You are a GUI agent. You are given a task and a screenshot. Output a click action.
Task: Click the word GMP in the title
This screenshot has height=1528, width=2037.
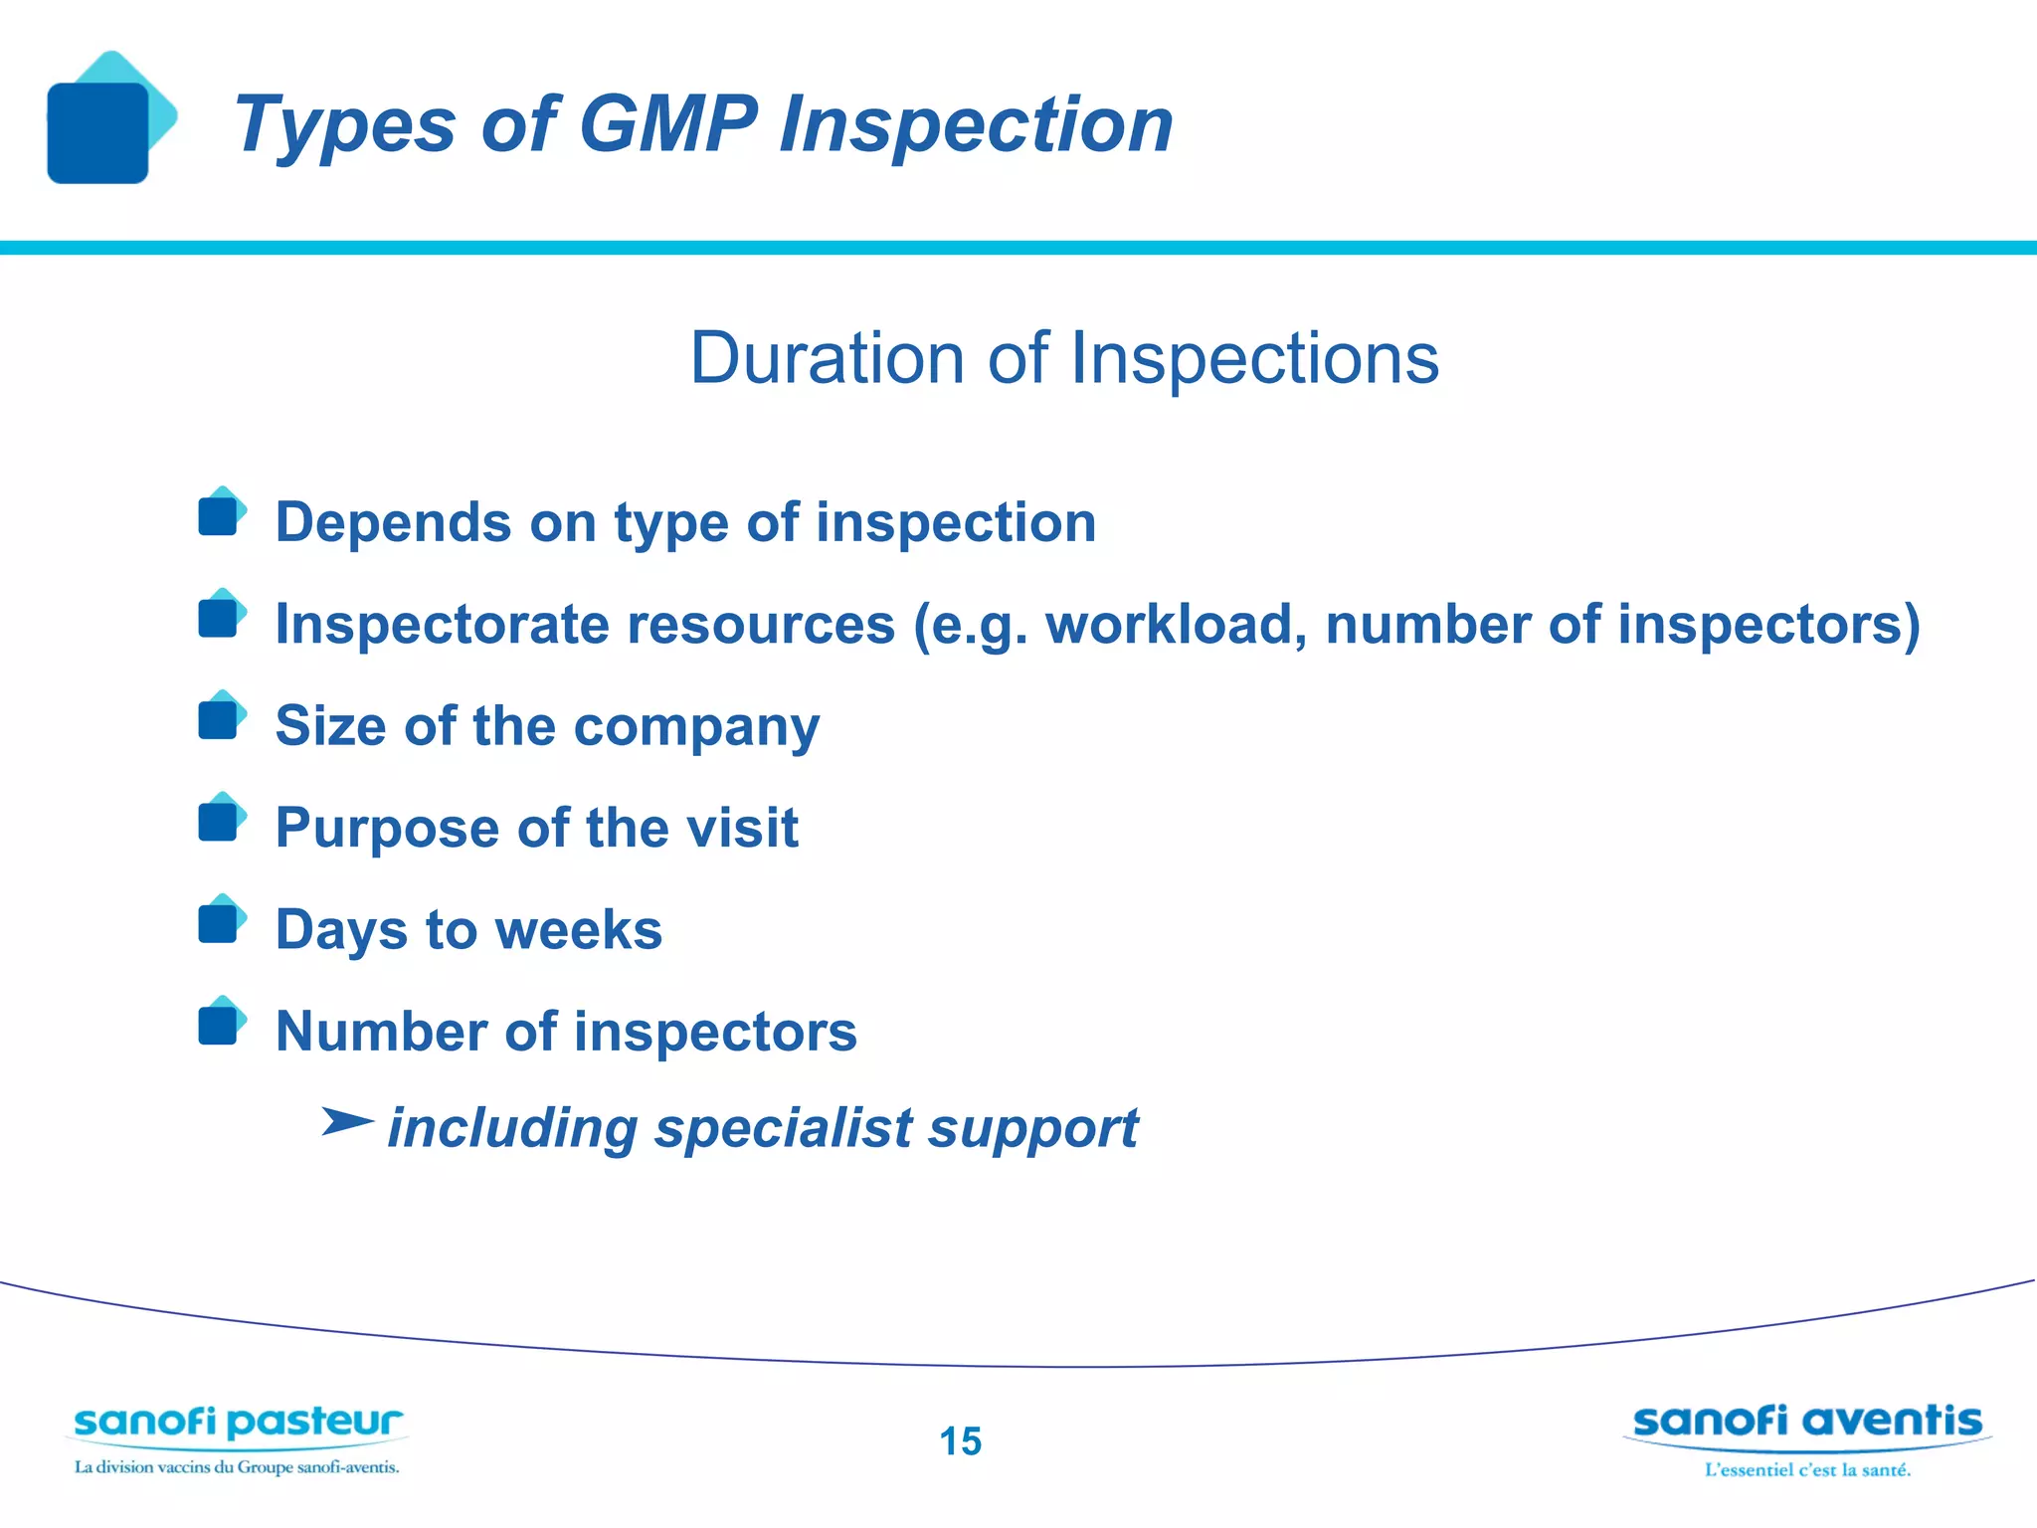coord(667,124)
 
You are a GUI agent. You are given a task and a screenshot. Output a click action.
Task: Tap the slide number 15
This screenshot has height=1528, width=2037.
coord(960,1441)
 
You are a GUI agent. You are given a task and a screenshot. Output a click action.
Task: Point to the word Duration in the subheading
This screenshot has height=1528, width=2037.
coord(828,358)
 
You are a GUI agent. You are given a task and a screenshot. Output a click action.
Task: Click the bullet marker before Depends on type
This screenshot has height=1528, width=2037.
coord(221,513)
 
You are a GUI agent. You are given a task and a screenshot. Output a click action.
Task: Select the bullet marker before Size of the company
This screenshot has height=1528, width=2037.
coord(221,717)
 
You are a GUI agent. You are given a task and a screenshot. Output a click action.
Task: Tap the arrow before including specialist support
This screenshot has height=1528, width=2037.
coord(347,1122)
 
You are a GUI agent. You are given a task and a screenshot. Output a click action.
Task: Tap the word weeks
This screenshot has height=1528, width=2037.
coord(578,930)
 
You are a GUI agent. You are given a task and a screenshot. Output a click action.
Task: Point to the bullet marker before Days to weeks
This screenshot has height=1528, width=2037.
coord(221,921)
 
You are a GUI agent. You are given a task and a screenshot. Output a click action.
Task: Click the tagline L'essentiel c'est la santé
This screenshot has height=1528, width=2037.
coord(1807,1470)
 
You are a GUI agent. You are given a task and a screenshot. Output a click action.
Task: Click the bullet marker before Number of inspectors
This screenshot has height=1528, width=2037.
coord(221,1023)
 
